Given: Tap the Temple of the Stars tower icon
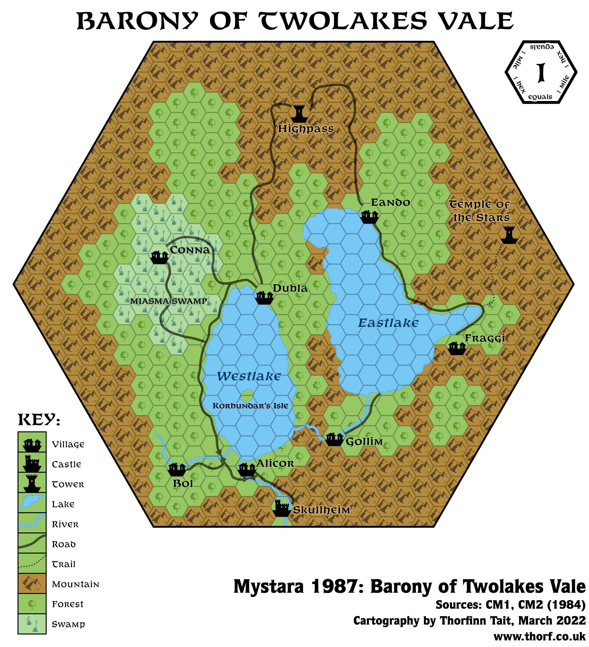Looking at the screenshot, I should point(509,235).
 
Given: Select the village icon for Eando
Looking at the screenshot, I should point(369,217).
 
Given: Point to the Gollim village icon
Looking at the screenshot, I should point(335,439).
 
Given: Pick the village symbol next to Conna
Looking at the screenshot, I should point(160,257).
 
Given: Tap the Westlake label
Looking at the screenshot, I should point(249,376).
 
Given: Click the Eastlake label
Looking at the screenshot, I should point(388,323).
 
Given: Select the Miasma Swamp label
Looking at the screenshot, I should point(168,301).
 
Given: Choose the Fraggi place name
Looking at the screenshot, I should point(485,338).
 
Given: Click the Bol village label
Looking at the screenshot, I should point(183,484).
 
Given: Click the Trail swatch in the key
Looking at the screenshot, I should point(32,564).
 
